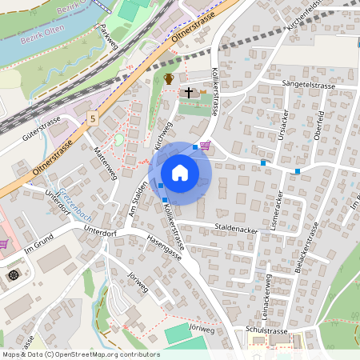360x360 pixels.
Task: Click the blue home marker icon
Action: pyautogui.click(x=180, y=173)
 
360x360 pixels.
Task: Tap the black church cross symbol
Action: pyautogui.click(x=189, y=93)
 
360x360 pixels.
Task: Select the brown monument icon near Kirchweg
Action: pyautogui.click(x=168, y=78)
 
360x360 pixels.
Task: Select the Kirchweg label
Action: pyautogui.click(x=163, y=136)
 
